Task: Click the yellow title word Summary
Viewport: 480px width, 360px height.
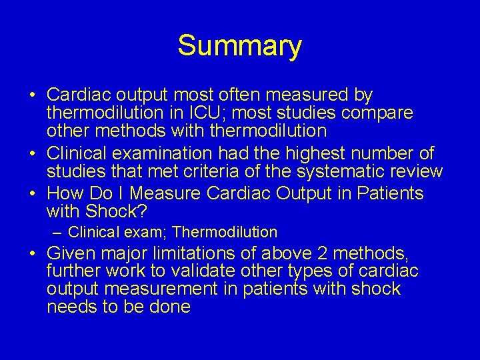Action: (239, 46)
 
